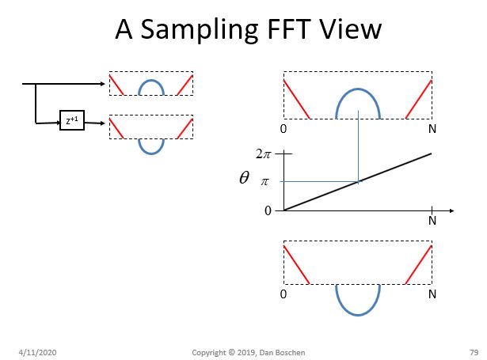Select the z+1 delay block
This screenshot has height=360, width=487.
coord(72,122)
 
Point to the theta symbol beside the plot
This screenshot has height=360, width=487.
coord(245,179)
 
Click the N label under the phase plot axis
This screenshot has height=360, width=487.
coord(432,221)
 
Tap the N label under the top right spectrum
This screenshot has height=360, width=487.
coord(432,128)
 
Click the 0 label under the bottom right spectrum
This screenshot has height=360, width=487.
coord(283,294)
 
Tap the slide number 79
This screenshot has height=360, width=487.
coord(462,350)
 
